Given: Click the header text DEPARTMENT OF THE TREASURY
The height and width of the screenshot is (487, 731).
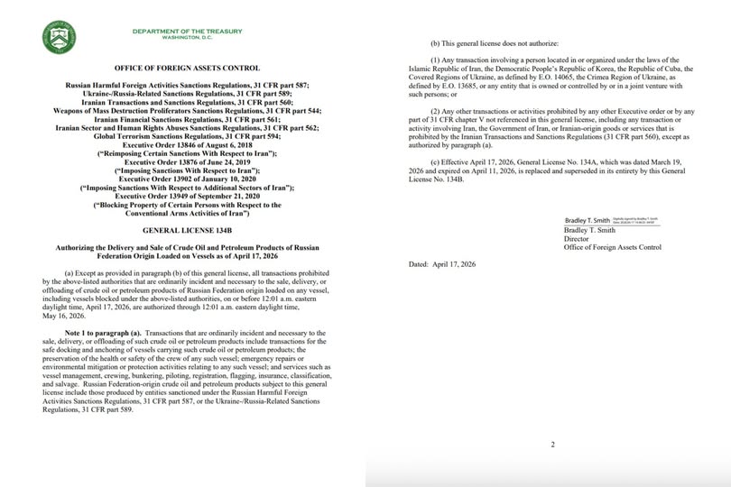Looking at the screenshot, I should tap(188, 32).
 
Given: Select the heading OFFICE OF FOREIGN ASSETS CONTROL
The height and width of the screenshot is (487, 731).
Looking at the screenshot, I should tap(188, 68).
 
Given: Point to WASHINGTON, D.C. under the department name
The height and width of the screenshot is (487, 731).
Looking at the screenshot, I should tap(188, 39).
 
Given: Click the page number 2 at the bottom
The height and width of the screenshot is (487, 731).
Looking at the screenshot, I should tap(552, 444).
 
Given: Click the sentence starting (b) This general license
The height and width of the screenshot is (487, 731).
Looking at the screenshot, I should tap(499, 44).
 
